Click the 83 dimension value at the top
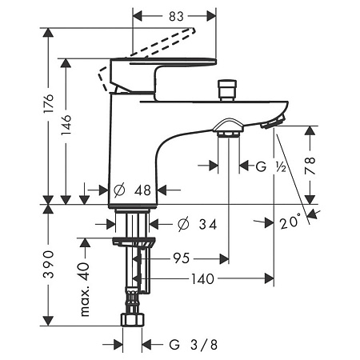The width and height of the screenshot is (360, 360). click(x=176, y=17)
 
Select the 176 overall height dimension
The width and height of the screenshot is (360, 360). click(x=49, y=103)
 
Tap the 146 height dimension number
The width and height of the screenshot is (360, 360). click(x=66, y=125)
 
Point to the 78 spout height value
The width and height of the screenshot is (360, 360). click(x=310, y=166)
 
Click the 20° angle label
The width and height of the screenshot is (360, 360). click(x=290, y=222)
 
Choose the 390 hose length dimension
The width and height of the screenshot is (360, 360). click(x=49, y=264)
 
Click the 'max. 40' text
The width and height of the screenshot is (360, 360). click(x=85, y=290)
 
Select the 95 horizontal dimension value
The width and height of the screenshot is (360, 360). click(x=182, y=258)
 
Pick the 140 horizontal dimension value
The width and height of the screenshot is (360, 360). click(x=202, y=279)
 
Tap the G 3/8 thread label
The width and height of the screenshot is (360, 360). click(x=194, y=345)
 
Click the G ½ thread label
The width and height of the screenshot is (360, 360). click(x=271, y=166)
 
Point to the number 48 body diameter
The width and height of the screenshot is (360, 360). click(x=142, y=190)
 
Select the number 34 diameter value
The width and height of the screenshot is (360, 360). click(x=208, y=224)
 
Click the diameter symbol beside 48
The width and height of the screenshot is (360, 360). click(x=119, y=190)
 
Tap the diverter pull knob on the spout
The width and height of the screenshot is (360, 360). click(x=227, y=90)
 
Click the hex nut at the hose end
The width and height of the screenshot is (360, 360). click(x=133, y=320)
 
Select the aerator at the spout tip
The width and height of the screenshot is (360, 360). click(x=274, y=122)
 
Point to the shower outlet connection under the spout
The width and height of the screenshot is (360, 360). click(x=229, y=128)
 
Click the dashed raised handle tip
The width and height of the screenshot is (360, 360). click(x=192, y=30)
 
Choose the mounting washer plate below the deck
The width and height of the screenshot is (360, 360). click(x=134, y=242)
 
